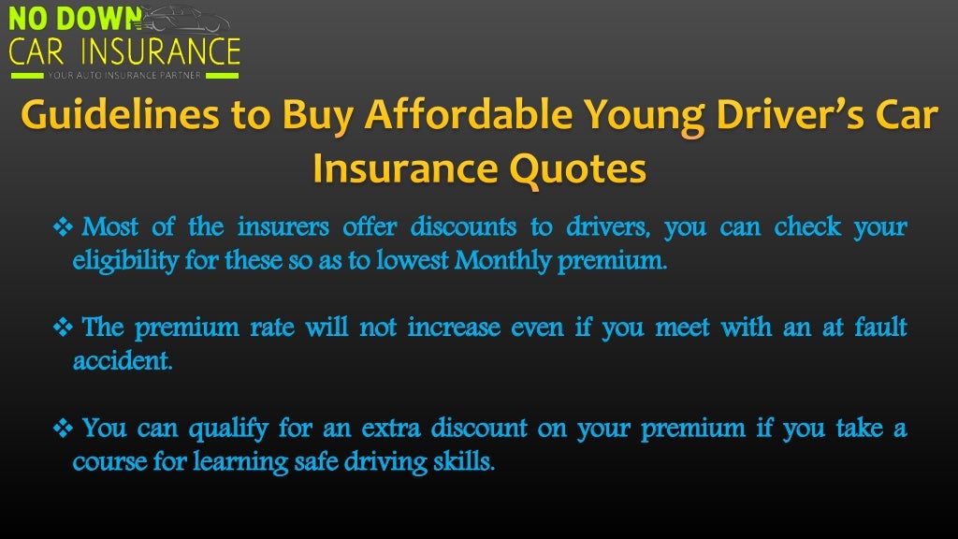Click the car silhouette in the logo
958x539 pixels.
pyautogui.click(x=188, y=19)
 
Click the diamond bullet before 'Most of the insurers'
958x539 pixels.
pyautogui.click(x=64, y=227)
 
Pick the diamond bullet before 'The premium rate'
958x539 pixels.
pyautogui.click(x=64, y=328)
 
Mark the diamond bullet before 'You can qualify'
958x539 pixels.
pyautogui.click(x=64, y=430)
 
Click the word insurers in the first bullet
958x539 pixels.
pyautogui.click(x=283, y=227)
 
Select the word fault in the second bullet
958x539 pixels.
pyautogui.click(x=880, y=328)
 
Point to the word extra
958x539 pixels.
pyautogui.click(x=373, y=430)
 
